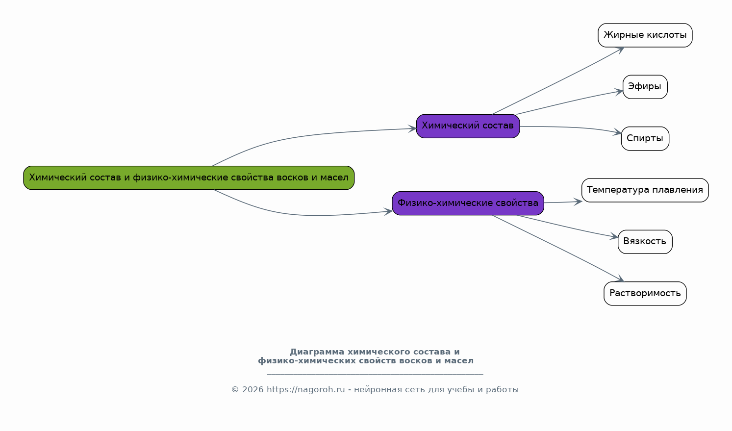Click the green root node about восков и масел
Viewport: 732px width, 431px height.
click(189, 178)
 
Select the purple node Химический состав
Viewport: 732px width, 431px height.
click(468, 126)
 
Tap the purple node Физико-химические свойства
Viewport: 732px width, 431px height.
click(468, 203)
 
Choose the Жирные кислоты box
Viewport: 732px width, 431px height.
click(645, 35)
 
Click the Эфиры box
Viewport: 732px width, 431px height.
click(645, 87)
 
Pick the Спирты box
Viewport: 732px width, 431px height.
click(645, 139)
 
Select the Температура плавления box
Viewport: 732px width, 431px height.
click(645, 190)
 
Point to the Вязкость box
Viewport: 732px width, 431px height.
click(645, 242)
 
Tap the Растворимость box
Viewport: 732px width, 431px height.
click(645, 293)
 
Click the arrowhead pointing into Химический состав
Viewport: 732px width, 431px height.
click(412, 128)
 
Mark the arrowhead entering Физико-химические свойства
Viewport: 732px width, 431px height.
click(388, 212)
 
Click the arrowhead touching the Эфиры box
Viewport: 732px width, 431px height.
click(619, 92)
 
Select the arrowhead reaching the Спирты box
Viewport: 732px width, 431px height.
click(617, 132)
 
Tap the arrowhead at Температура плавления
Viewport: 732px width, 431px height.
click(578, 202)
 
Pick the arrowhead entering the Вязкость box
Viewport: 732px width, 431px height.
click(614, 236)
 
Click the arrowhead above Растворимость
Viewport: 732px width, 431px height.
click(619, 279)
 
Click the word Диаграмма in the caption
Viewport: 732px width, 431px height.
click(317, 352)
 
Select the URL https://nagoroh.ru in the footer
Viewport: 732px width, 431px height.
click(305, 389)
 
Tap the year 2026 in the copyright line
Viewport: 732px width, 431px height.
click(252, 389)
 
